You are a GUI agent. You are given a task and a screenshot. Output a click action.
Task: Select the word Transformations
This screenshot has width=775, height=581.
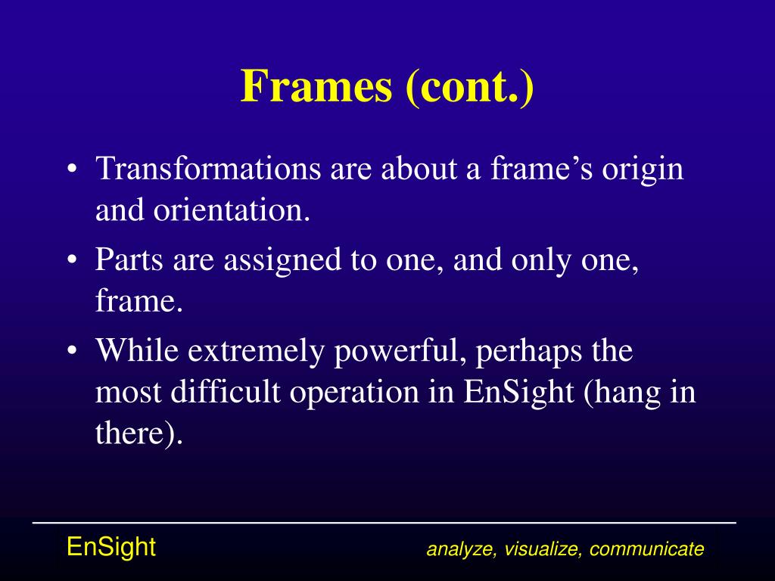click(x=207, y=168)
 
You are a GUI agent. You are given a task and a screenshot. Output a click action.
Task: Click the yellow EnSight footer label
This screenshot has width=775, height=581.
click(x=111, y=546)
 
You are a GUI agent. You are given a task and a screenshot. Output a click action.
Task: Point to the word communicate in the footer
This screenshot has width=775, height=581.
click(x=647, y=549)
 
